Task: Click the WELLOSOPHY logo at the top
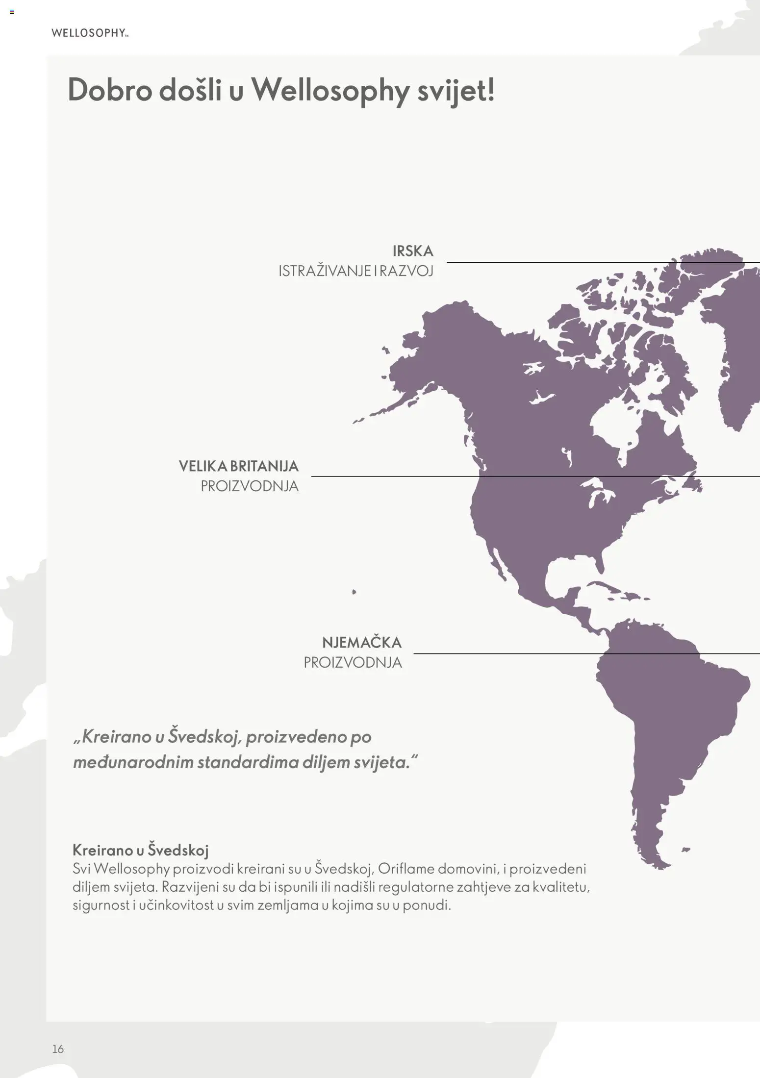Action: (x=90, y=33)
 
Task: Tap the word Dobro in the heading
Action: (x=110, y=91)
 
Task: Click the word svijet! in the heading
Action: (x=456, y=91)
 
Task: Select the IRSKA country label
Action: (x=413, y=251)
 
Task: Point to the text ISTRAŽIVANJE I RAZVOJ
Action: (x=355, y=271)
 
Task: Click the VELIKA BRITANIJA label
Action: (x=238, y=466)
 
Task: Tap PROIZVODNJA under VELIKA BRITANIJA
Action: (x=249, y=486)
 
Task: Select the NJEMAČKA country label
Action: (x=361, y=642)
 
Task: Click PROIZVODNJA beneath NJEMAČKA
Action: (x=353, y=662)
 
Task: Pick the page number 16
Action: (x=58, y=1049)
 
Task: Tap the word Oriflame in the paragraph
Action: (x=405, y=869)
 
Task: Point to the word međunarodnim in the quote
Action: (x=133, y=762)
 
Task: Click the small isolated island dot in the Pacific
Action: (x=354, y=592)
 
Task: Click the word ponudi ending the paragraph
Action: (x=426, y=905)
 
